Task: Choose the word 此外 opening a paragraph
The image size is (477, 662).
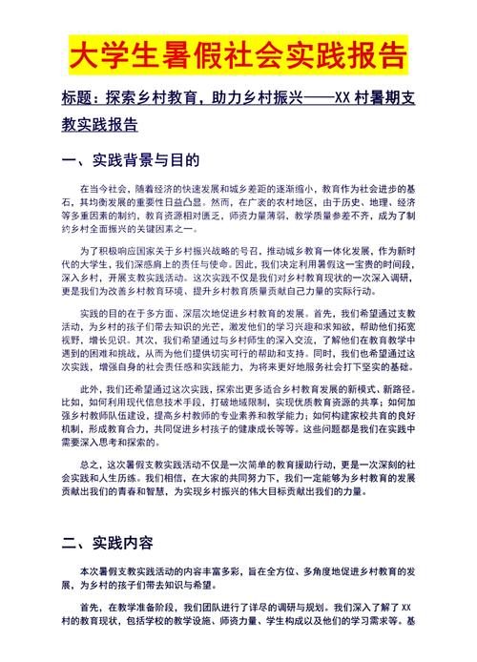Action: coord(91,390)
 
